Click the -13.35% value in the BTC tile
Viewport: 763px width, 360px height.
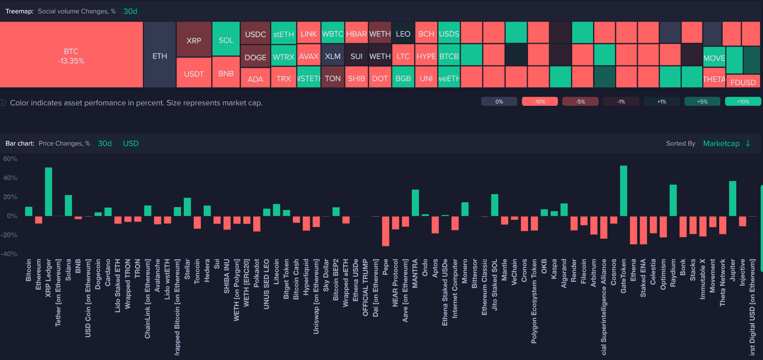click(x=71, y=61)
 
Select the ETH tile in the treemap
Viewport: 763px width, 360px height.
click(x=159, y=56)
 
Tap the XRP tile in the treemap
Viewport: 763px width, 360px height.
click(x=194, y=40)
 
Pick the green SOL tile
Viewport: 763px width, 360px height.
click(x=226, y=40)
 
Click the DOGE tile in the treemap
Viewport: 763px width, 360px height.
click(x=255, y=58)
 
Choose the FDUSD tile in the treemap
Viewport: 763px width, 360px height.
click(x=743, y=82)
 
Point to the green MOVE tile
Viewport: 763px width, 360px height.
click(x=714, y=58)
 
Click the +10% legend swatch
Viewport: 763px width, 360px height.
click(x=743, y=101)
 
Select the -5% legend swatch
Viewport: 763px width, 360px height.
click(x=580, y=101)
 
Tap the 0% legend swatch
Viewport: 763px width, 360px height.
click(x=499, y=101)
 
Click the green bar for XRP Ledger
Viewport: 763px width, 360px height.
click(x=49, y=192)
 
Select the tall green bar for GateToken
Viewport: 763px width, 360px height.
click(x=623, y=191)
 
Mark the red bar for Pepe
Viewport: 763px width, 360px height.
click(x=385, y=231)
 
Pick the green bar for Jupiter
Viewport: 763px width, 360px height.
click(x=732, y=199)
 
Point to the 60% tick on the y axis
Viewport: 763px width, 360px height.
click(x=10, y=159)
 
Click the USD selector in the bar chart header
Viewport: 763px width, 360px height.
click(x=131, y=144)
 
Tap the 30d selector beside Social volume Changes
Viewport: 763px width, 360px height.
click(x=130, y=11)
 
